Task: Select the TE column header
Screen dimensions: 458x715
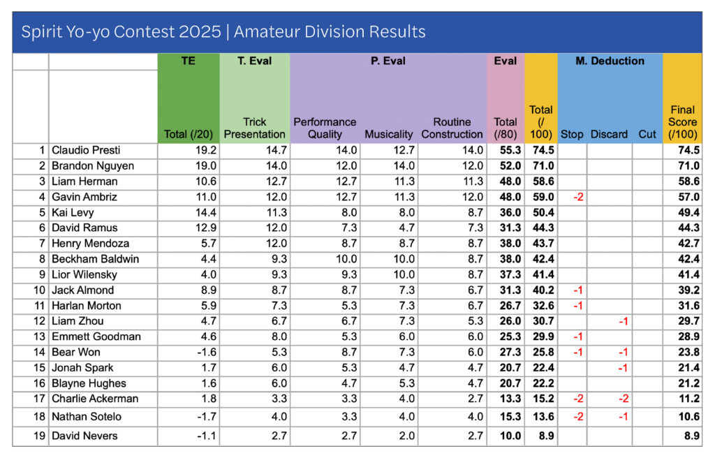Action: (x=189, y=61)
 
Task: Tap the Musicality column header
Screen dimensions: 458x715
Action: (x=389, y=134)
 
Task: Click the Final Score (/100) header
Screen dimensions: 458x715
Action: (x=682, y=121)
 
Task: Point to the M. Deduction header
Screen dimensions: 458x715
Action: (x=610, y=61)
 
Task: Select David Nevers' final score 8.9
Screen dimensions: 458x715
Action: (x=688, y=436)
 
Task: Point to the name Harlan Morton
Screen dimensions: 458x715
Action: (x=86, y=306)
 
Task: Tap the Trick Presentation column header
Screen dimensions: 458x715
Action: (x=254, y=128)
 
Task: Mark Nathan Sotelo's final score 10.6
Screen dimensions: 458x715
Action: (x=688, y=417)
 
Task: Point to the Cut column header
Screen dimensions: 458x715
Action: (x=647, y=134)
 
